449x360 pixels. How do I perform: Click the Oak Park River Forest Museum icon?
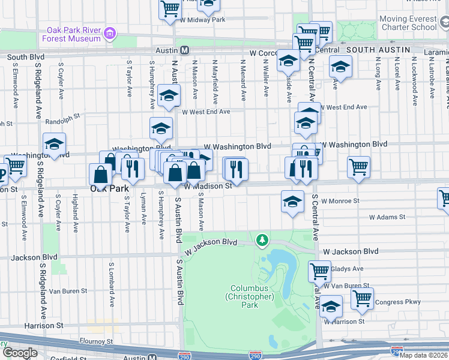[x=109, y=34]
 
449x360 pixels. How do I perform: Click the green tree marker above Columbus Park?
[x=262, y=241]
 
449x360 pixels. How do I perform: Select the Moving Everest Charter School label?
[x=408, y=23]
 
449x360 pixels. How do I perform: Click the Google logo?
[x=20, y=353]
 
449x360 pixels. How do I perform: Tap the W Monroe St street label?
[x=340, y=202]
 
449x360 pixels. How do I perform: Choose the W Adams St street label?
[x=387, y=217]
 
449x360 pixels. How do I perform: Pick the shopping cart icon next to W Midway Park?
[x=170, y=8]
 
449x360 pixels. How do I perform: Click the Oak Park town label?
[x=110, y=188]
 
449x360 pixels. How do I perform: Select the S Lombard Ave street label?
[x=111, y=283]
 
